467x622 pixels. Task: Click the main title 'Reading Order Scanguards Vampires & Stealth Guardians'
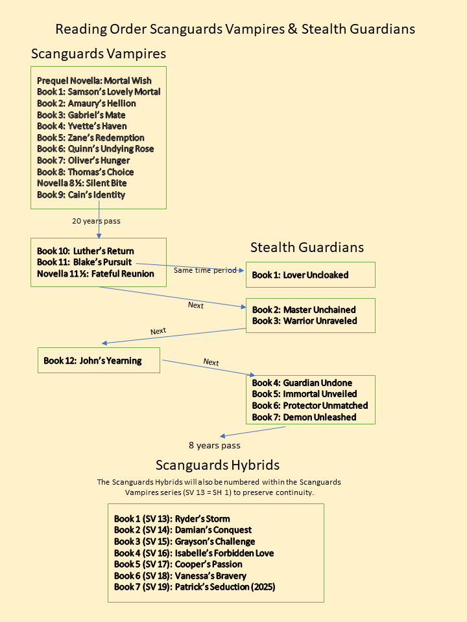pyautogui.click(x=235, y=29)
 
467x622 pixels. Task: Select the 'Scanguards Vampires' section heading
pyautogui.click(x=98, y=53)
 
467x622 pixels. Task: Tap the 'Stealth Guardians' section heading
pyautogui.click(x=307, y=247)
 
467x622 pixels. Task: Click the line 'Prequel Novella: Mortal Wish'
pyautogui.click(x=94, y=80)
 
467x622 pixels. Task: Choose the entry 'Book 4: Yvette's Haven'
pyautogui.click(x=82, y=126)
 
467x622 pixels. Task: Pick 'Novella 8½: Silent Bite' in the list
pyautogui.click(x=82, y=183)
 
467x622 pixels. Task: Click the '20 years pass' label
pyautogui.click(x=96, y=221)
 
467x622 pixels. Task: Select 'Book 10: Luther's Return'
pyautogui.click(x=85, y=251)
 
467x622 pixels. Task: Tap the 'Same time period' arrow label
pyautogui.click(x=205, y=270)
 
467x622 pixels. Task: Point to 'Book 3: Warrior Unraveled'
pyautogui.click(x=304, y=320)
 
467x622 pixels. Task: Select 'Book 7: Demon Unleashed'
pyautogui.click(x=304, y=417)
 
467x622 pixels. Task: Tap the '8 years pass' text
pyautogui.click(x=215, y=445)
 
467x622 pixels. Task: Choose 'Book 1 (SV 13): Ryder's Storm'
pyautogui.click(x=172, y=518)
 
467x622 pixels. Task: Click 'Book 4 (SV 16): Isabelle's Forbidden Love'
pyautogui.click(x=194, y=553)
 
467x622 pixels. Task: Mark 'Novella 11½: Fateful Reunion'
pyautogui.click(x=95, y=273)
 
